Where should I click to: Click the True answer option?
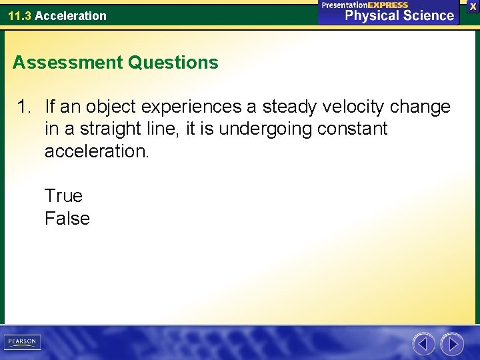pos(63,196)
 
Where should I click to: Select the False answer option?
pos(67,219)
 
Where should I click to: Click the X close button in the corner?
pos(473,6)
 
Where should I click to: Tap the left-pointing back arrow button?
pos(423,344)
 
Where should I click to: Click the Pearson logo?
pos(22,342)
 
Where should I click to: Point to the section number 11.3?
pos(19,15)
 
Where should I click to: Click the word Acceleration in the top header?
pos(71,15)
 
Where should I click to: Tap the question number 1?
pos(24,107)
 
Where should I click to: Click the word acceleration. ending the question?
pos(97,151)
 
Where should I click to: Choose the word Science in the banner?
pos(426,15)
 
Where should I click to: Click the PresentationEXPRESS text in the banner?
pos(365,5)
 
